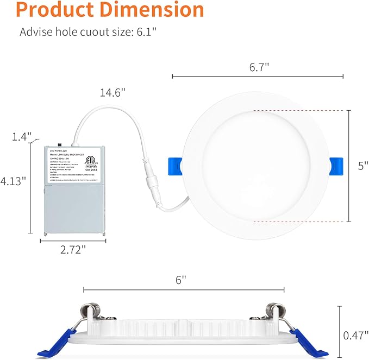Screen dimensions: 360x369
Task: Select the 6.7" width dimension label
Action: (x=259, y=67)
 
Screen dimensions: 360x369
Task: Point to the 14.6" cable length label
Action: (x=112, y=93)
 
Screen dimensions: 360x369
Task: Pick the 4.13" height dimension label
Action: (x=14, y=181)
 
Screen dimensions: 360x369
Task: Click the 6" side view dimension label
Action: (x=181, y=280)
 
